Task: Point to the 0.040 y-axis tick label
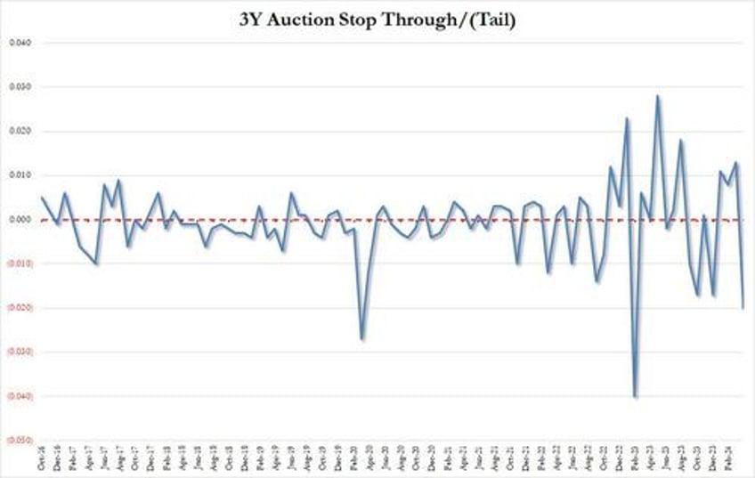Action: pos(20,44)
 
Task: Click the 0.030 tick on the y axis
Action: pos(20,87)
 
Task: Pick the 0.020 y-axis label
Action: pos(20,132)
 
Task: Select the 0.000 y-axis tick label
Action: pos(20,220)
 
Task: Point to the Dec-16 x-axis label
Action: pos(58,458)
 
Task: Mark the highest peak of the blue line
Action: pos(658,96)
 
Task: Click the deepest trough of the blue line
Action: pos(635,396)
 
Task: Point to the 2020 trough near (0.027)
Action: pos(361,338)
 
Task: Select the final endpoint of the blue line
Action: pos(743,307)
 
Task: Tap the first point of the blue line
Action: pos(42,198)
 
